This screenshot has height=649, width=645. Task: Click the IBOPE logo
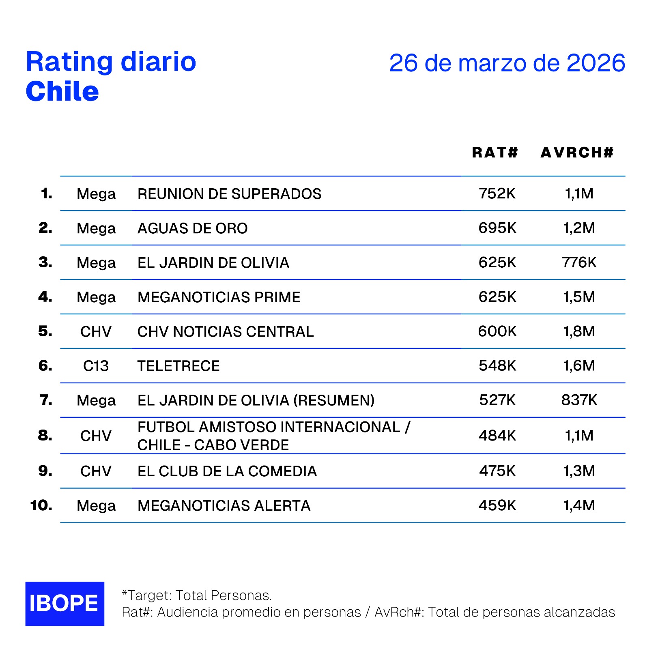[64, 603]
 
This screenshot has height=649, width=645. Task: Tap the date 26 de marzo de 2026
[507, 63]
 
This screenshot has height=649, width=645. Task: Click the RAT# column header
[495, 153]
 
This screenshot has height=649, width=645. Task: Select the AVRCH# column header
[577, 153]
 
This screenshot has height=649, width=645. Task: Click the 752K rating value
[497, 193]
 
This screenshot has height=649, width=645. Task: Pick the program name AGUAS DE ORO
[192, 228]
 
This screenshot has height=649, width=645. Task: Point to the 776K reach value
[579, 262]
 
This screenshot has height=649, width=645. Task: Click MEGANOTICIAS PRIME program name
[219, 297]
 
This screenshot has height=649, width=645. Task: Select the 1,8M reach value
[579, 331]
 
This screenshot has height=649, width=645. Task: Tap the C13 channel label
[96, 366]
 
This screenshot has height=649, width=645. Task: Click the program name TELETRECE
[178, 366]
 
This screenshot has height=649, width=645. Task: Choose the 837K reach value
[579, 400]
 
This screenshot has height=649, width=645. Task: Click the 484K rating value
[497, 436]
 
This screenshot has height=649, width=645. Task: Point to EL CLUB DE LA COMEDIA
[227, 471]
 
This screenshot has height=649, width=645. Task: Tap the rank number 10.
[41, 505]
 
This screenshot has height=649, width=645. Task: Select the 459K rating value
[497, 505]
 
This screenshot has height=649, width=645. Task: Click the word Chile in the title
[62, 92]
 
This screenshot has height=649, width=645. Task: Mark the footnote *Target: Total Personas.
[197, 595]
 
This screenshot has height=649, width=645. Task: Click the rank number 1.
[47, 193]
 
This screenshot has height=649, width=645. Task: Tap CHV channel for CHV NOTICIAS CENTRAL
[96, 332]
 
